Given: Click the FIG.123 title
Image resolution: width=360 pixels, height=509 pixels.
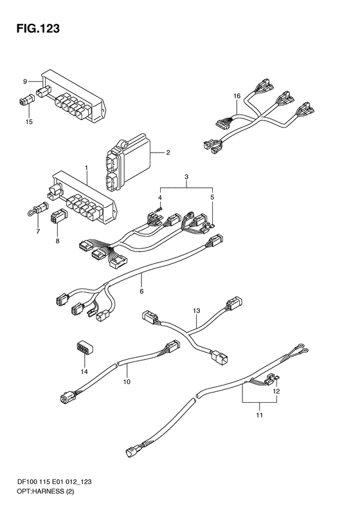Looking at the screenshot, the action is pyautogui.click(x=39, y=29).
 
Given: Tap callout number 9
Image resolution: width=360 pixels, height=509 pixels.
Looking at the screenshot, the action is pyautogui.click(x=25, y=82).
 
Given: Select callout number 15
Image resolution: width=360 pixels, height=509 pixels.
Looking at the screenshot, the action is pyautogui.click(x=29, y=122).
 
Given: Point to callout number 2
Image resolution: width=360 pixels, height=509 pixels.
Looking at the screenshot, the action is pyautogui.click(x=168, y=153).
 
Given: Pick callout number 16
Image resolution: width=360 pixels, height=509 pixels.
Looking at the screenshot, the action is pyautogui.click(x=237, y=96).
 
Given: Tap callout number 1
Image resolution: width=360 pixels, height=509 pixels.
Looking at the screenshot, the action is pyautogui.click(x=87, y=168).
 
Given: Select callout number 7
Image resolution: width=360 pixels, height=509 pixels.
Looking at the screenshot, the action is pyautogui.click(x=38, y=232).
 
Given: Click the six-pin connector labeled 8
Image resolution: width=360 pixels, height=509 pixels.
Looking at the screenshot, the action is pyautogui.click(x=59, y=215).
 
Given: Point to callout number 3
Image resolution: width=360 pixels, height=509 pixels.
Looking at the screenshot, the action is pyautogui.click(x=186, y=177).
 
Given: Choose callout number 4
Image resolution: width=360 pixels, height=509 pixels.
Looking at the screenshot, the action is pyautogui.click(x=160, y=198).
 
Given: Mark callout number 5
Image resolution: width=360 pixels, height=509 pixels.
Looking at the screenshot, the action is pyautogui.click(x=212, y=197).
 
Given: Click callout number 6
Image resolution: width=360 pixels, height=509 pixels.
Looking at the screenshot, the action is pyautogui.click(x=141, y=292).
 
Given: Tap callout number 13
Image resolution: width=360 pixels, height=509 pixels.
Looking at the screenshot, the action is pyautogui.click(x=197, y=311).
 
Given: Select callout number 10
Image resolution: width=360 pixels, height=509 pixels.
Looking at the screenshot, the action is pyautogui.click(x=127, y=382).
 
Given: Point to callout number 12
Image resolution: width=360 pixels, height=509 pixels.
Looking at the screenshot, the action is pyautogui.click(x=276, y=392).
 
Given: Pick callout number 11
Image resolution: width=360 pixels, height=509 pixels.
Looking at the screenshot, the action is pyautogui.click(x=260, y=415).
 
